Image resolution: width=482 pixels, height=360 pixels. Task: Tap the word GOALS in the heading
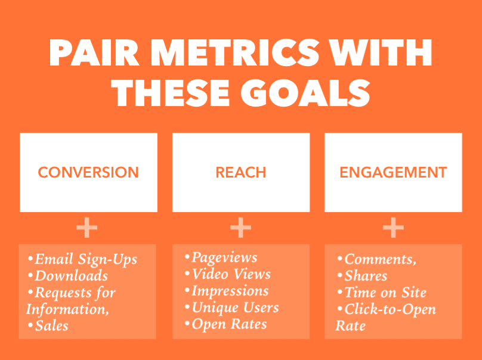[x=305, y=93]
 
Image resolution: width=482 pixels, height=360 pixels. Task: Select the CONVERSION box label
[x=88, y=172]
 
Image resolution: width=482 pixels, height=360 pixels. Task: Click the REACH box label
[x=240, y=172]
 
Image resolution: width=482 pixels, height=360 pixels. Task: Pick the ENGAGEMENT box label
[x=393, y=172]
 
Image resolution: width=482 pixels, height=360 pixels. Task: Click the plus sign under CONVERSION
[x=87, y=228]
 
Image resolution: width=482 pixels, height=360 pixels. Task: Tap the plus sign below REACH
[x=240, y=228]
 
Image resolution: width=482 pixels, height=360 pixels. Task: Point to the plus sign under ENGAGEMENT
[x=393, y=228]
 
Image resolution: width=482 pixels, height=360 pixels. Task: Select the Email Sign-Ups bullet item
[x=82, y=259]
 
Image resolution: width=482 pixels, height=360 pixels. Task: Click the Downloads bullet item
[x=68, y=275]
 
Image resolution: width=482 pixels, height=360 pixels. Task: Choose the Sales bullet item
[x=48, y=325]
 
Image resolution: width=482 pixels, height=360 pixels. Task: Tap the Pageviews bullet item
[x=221, y=257]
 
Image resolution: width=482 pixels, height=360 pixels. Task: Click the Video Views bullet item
[x=228, y=274]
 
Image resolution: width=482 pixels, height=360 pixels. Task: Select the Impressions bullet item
[x=227, y=291]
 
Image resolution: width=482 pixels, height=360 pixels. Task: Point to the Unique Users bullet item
[x=232, y=308]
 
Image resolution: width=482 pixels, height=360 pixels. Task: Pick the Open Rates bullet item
[x=226, y=324]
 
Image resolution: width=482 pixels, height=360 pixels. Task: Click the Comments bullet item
[x=377, y=259]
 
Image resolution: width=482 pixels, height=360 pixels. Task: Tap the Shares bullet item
[x=363, y=275]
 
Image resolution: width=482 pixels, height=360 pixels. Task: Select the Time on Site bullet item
[x=382, y=292]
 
